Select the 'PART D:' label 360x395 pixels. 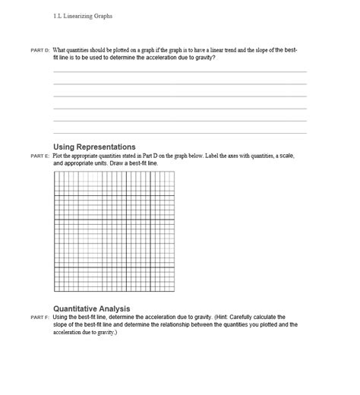[x=40, y=50]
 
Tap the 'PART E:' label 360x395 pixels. [x=40, y=156]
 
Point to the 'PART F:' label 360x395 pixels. [x=40, y=318]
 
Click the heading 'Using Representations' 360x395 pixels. [x=94, y=147]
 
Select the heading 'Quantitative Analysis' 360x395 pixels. [x=91, y=308]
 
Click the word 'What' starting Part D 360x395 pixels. [x=59, y=50]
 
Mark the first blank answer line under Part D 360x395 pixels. [x=180, y=72]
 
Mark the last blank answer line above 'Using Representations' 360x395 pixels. [x=180, y=133]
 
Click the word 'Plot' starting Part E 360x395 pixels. [x=58, y=156]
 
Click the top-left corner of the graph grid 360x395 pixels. [x=55, y=172]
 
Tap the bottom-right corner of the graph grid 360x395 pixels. [x=174, y=292]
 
